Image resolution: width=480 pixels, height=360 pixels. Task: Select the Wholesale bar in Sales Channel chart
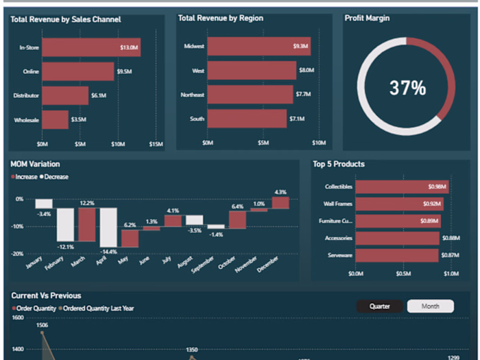pyautogui.click(x=55, y=120)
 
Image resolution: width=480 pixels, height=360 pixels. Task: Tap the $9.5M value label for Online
pyautogui.click(x=125, y=71)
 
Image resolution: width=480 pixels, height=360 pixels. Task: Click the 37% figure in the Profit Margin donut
pyautogui.click(x=407, y=88)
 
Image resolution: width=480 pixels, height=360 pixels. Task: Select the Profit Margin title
pyautogui.click(x=367, y=19)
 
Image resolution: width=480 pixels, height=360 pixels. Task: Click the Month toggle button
pyautogui.click(x=431, y=307)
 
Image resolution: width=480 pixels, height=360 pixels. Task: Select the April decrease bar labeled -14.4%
pyautogui.click(x=108, y=227)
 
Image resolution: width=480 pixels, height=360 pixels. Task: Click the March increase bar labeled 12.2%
pyautogui.click(x=87, y=225)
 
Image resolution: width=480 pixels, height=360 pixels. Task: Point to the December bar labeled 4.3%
pyautogui.click(x=280, y=203)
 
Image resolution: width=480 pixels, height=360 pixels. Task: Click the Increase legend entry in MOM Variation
pyautogui.click(x=25, y=177)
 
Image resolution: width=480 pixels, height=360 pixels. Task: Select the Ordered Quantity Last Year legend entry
pyautogui.click(x=98, y=309)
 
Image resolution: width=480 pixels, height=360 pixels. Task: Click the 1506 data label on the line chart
pyautogui.click(x=42, y=325)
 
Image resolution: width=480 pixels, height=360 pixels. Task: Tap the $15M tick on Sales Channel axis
pyautogui.click(x=156, y=143)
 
